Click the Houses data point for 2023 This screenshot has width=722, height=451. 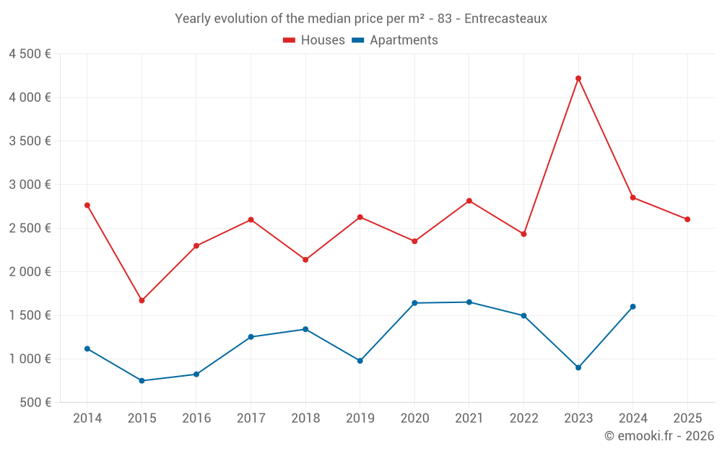click(578, 79)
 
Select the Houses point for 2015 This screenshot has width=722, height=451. click(142, 300)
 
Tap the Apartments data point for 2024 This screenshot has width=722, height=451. click(633, 307)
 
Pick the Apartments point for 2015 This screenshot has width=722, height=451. click(142, 380)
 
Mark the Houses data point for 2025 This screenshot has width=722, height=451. click(687, 219)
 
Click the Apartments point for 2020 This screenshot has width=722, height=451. click(414, 303)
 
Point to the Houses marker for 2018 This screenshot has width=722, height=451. click(305, 260)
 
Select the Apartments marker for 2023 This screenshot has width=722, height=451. click(578, 367)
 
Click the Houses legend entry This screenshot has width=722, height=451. click(314, 40)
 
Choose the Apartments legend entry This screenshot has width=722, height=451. click(395, 40)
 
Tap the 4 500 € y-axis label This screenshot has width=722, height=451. click(30, 54)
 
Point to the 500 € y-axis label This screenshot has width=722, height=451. click(35, 403)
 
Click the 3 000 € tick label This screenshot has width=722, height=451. click(30, 185)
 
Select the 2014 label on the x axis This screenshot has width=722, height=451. click(87, 418)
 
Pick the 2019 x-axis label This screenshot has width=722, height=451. click(360, 418)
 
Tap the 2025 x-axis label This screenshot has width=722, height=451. click(687, 418)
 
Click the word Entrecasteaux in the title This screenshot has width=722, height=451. click(505, 19)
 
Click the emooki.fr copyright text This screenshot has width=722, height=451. click(659, 436)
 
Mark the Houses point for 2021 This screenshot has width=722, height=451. click(469, 201)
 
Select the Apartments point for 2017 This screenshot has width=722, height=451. click(251, 337)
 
